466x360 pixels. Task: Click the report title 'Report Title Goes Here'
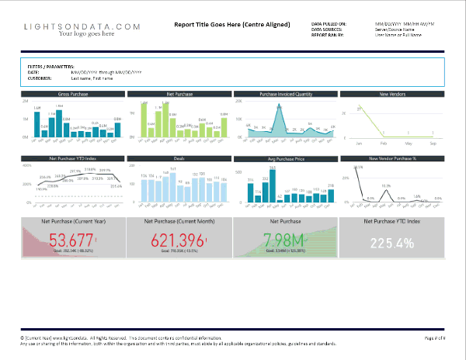232,23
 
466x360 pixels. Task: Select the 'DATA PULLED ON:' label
331,24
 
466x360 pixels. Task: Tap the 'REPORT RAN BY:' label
329,34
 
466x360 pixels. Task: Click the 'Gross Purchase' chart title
73,94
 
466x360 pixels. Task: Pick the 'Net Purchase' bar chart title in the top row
179,94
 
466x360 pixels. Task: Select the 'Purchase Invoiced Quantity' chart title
286,94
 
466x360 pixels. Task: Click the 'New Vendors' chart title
393,94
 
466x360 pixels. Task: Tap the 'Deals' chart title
179,158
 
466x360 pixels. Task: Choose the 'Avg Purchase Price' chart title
286,158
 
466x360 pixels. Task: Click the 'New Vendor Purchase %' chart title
393,158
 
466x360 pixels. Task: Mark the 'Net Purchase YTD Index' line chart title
73,158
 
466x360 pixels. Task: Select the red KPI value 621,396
179,239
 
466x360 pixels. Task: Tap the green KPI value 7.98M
286,239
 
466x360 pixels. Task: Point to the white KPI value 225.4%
393,241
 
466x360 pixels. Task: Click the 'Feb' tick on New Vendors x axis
384,144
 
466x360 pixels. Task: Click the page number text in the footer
433,339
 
